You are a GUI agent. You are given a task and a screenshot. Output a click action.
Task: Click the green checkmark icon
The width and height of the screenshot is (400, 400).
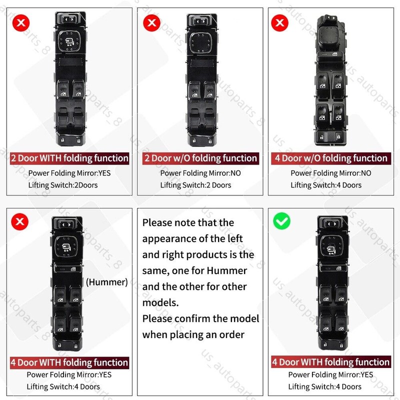pyautogui.click(x=281, y=220)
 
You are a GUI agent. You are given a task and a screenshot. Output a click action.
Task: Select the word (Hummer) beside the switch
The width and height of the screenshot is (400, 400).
pyautogui.click(x=106, y=282)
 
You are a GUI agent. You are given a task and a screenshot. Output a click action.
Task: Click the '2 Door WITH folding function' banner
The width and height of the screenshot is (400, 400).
pyautogui.click(x=69, y=158)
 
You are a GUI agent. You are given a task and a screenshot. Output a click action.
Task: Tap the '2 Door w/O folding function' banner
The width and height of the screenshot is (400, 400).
pyautogui.click(x=200, y=158)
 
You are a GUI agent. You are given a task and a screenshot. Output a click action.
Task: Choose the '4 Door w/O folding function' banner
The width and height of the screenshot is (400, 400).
pyautogui.click(x=330, y=158)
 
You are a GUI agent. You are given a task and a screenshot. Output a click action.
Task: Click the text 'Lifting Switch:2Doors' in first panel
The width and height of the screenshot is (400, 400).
pyautogui.click(x=63, y=185)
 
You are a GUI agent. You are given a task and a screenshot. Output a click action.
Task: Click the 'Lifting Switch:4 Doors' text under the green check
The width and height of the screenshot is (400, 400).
pyautogui.click(x=324, y=386)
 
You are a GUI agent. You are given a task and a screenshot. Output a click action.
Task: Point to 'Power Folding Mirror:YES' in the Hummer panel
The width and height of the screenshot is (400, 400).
pyautogui.click(x=69, y=374)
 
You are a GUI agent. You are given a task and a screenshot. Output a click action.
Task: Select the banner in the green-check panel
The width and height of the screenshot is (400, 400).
pyautogui.click(x=330, y=362)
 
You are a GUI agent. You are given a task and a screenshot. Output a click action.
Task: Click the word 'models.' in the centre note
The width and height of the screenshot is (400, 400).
pyautogui.click(x=160, y=302)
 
